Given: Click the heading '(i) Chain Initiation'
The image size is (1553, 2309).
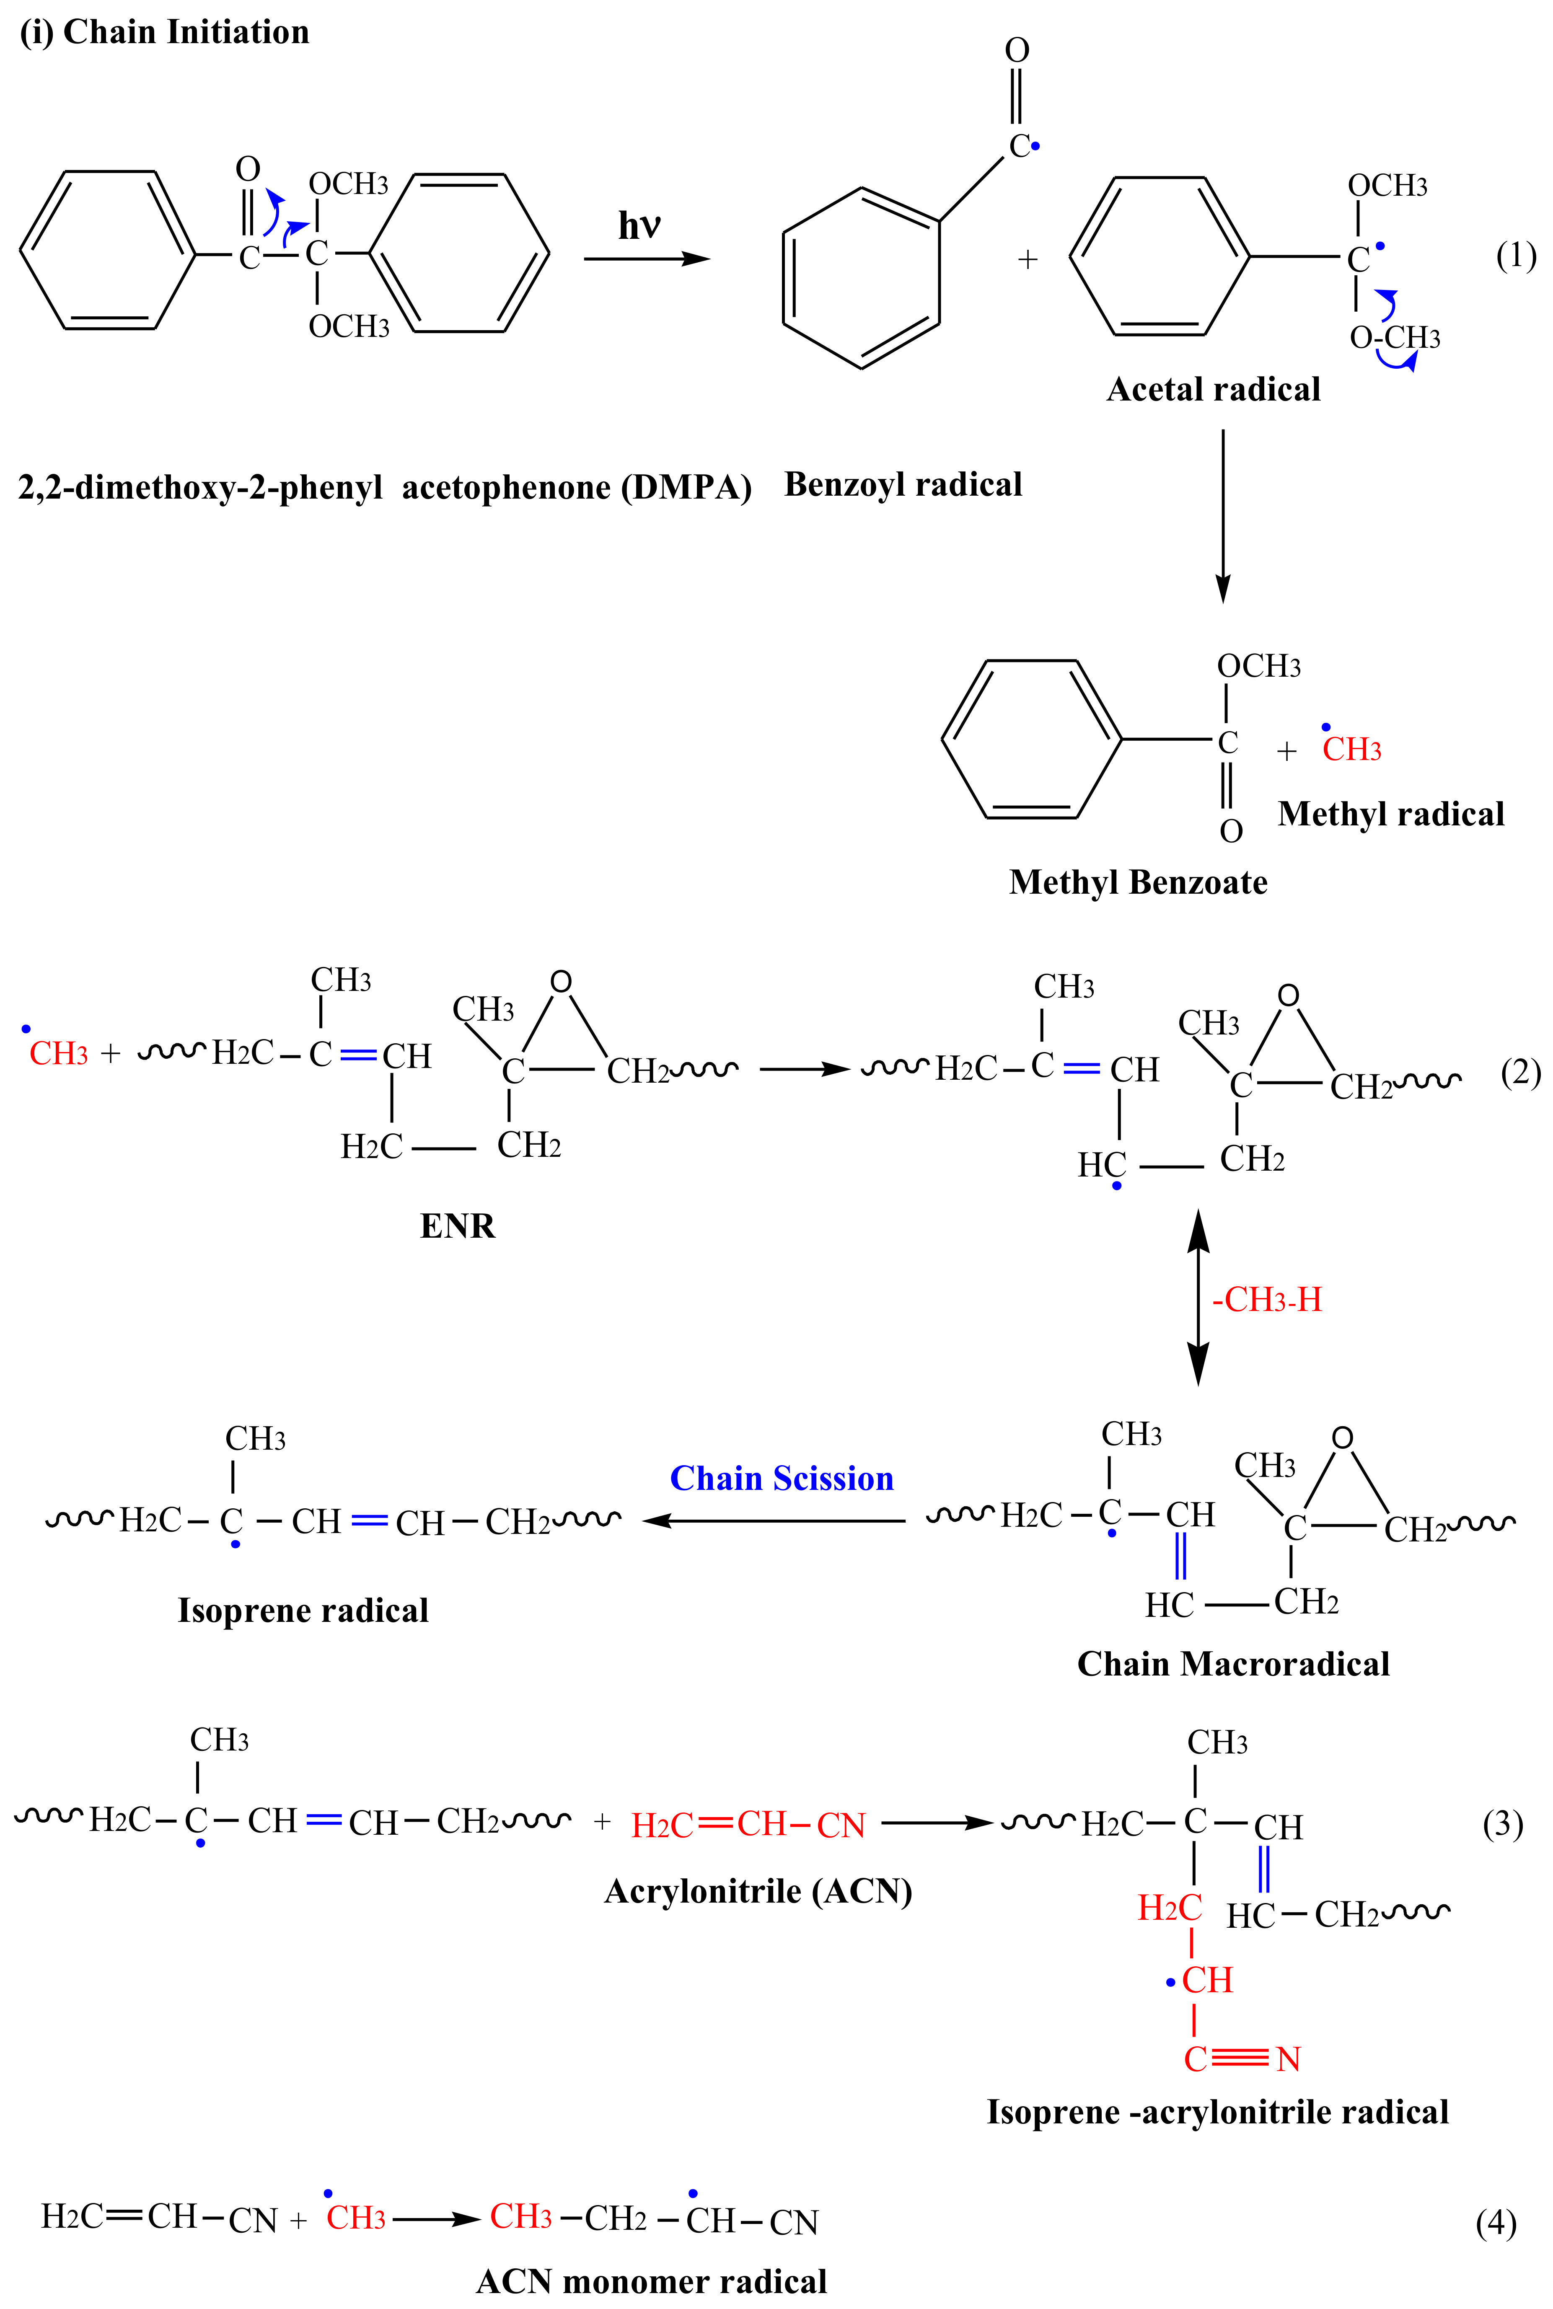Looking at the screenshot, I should tap(164, 33).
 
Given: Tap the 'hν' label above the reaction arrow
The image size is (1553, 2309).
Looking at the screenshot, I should tap(639, 226).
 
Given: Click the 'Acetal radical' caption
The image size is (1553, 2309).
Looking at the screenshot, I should tap(1213, 389).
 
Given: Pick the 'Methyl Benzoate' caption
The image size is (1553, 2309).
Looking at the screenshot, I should tap(1138, 882).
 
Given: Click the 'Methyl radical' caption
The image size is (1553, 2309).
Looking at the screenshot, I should tap(1390, 814).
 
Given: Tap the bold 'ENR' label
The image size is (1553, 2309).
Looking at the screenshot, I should tap(458, 1226).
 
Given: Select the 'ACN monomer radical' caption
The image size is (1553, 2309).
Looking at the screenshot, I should tap(652, 2281).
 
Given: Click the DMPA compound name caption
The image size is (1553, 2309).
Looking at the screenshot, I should tap(384, 487).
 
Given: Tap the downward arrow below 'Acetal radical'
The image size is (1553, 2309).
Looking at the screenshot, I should tap(1223, 515).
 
